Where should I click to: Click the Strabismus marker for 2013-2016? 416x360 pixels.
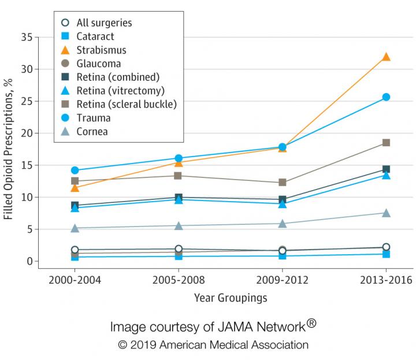[386, 57]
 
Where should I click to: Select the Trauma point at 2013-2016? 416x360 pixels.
[386, 97]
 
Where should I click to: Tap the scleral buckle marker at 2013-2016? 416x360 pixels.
[386, 143]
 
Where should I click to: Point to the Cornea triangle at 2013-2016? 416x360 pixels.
[386, 213]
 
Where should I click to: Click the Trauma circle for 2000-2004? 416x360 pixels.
[75, 170]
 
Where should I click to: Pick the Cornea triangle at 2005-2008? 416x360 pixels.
[179, 226]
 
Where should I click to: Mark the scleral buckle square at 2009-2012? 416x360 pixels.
[283, 183]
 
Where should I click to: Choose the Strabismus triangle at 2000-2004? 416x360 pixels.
[75, 188]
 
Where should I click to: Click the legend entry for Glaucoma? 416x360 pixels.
[98, 64]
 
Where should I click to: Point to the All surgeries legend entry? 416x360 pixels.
[104, 23]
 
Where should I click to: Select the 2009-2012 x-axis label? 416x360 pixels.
[283, 280]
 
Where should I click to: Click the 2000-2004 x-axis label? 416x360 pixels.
[75, 280]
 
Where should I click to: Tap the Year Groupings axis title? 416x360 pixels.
[230, 298]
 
